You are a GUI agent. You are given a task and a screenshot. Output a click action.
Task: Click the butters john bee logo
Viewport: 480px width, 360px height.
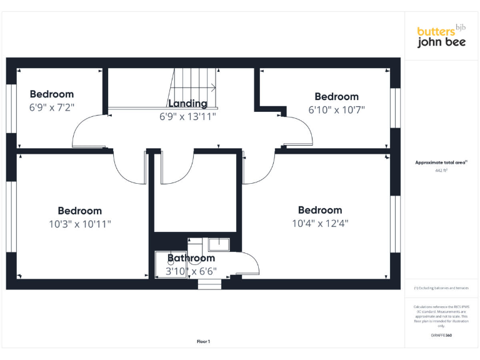click(441, 37)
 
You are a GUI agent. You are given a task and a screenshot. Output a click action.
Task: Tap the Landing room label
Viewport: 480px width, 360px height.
click(187, 104)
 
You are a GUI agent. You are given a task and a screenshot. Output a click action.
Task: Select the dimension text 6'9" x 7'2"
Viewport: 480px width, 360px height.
click(52, 107)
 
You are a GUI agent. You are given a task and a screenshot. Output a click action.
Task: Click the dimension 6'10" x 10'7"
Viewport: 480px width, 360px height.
click(336, 109)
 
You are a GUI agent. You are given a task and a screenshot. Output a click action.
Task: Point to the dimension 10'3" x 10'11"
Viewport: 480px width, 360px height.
click(79, 224)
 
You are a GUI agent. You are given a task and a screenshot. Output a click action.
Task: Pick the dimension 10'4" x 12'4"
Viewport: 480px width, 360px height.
click(320, 223)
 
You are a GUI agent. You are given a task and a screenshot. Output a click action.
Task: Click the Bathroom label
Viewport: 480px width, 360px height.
click(191, 258)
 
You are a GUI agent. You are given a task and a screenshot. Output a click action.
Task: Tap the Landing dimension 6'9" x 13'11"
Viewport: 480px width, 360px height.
click(187, 116)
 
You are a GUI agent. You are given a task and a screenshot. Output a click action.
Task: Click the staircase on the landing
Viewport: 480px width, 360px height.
click(194, 87)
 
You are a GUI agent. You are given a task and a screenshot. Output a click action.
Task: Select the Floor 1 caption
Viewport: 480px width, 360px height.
click(203, 341)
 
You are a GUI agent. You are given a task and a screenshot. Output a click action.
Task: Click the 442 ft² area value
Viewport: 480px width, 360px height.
click(441, 169)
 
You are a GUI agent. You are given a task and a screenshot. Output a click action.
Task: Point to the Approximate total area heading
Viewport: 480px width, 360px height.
click(441, 162)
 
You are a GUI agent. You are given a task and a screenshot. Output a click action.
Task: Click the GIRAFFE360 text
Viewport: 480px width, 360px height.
click(441, 336)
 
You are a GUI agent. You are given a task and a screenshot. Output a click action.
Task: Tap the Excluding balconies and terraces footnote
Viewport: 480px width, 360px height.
click(441, 288)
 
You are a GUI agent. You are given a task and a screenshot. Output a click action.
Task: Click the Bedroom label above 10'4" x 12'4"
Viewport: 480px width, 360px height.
click(320, 210)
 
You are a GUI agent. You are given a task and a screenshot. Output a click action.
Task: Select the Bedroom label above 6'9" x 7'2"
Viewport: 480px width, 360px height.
click(52, 94)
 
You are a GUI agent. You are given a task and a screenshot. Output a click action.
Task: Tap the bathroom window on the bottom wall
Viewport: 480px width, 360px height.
click(209, 285)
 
